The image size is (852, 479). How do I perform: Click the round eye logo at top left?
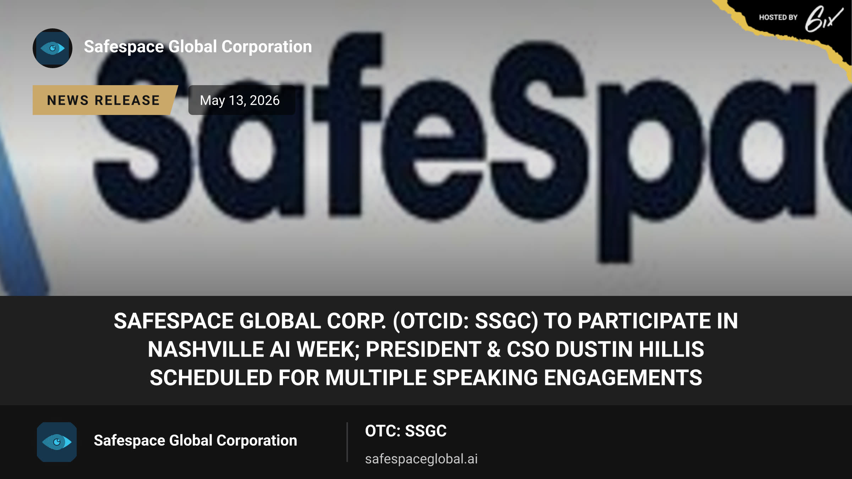point(53,48)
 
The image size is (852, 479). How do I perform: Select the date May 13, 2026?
point(240,100)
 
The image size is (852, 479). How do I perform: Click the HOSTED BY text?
point(778,17)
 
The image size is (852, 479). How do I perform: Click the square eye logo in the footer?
point(57,442)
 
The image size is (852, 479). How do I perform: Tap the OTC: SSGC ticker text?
point(406,431)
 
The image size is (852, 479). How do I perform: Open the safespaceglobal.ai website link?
point(421,459)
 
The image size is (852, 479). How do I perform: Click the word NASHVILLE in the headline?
point(206,349)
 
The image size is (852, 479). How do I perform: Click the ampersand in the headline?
point(494,349)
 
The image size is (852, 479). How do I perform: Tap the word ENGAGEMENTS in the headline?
point(623,378)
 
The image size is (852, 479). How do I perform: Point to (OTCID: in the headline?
point(431,321)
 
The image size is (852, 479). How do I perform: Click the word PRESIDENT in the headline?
point(424,349)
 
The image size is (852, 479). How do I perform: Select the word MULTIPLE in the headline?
point(376,378)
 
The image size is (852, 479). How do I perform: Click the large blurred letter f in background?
point(346,124)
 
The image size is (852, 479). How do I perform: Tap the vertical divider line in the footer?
point(347,442)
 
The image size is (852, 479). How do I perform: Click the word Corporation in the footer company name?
point(257,441)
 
